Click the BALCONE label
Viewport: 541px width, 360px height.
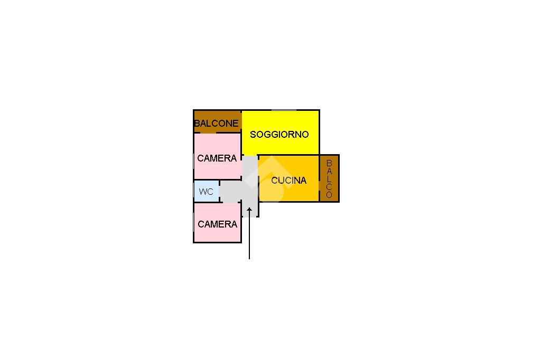[x=216, y=123]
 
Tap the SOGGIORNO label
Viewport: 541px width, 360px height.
[x=279, y=135]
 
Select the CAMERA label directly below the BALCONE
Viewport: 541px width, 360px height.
[x=217, y=158]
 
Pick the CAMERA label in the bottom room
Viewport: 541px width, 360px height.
[x=217, y=224]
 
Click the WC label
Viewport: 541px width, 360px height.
[x=206, y=192]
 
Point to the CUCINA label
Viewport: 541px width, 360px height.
[x=289, y=181]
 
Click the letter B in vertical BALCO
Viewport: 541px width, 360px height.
[x=329, y=163]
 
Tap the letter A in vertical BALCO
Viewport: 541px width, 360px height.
[x=329, y=171]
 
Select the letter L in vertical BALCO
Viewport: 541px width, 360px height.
[x=329, y=179]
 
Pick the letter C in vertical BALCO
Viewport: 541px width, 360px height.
[x=329, y=187]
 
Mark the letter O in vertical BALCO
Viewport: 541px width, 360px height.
[x=329, y=195]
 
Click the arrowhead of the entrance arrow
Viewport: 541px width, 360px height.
[x=249, y=209]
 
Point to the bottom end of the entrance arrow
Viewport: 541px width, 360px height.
[x=249, y=259]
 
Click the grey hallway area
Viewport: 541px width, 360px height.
[x=250, y=186]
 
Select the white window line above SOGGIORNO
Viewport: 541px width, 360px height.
[x=284, y=110]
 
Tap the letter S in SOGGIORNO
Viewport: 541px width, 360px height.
[x=253, y=135]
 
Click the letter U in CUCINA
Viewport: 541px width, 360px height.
[x=281, y=181]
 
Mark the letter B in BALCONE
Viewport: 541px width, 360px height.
[x=198, y=123]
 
